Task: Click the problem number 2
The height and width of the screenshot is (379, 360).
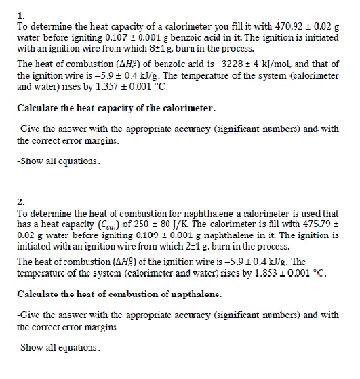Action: click(20, 202)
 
